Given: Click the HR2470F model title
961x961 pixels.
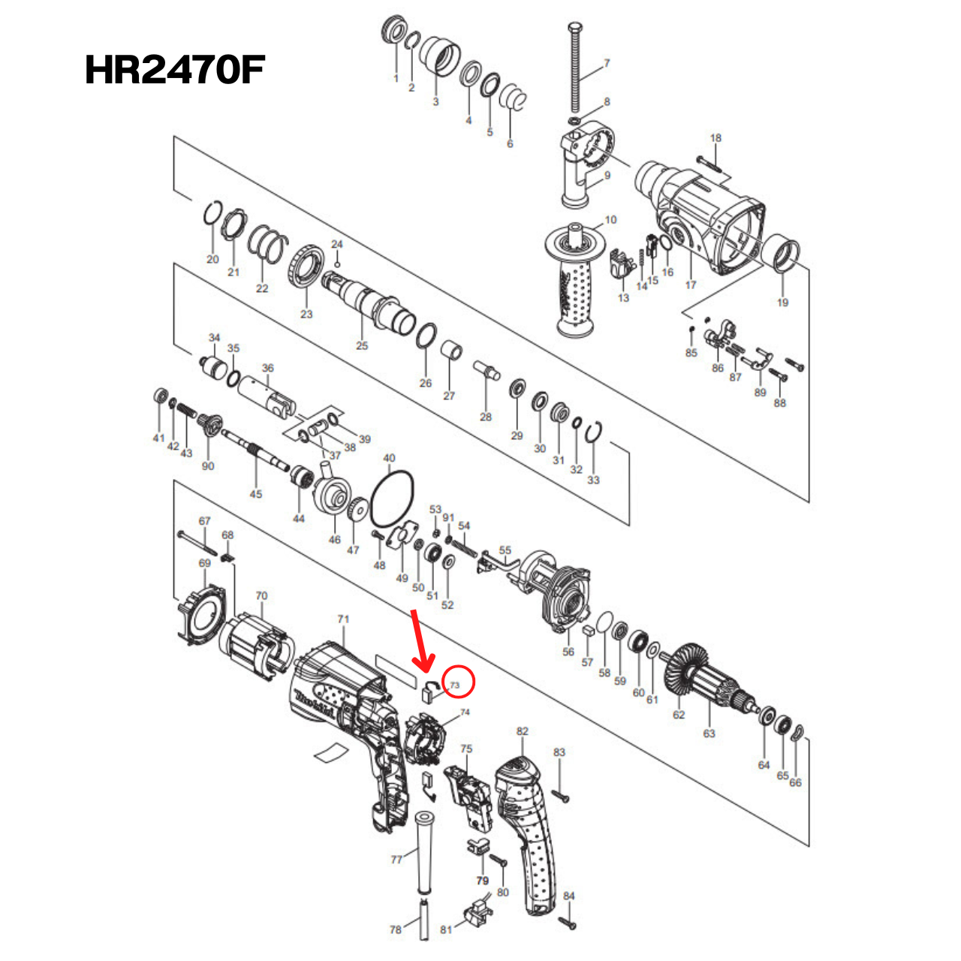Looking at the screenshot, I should click(175, 71).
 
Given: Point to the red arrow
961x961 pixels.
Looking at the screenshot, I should click(420, 642).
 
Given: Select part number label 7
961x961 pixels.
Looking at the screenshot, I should click(607, 64).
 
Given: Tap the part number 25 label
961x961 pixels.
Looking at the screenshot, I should click(362, 345).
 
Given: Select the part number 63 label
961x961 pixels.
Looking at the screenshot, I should click(709, 734).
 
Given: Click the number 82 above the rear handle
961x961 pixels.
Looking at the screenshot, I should click(523, 731).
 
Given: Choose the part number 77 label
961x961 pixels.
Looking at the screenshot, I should click(396, 860).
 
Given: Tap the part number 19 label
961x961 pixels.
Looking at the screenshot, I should click(782, 303).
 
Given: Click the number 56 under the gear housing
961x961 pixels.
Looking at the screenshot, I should click(568, 652).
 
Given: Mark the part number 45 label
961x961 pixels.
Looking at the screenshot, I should click(256, 494).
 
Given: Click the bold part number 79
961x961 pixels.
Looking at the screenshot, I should click(482, 881).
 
